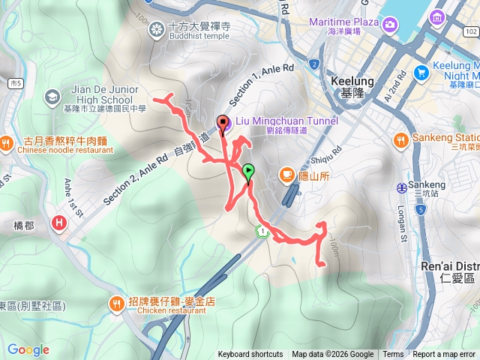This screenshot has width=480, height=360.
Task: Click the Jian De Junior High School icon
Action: [x=52, y=96]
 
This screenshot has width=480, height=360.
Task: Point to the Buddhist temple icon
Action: [x=157, y=29]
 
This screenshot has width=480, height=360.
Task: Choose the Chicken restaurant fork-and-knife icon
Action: [x=117, y=304]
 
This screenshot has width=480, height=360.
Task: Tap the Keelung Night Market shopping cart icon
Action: [x=421, y=73]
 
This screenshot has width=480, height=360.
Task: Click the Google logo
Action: [x=28, y=349]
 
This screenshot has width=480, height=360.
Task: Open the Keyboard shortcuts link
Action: [x=250, y=355]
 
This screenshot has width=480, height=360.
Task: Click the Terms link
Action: [x=393, y=355]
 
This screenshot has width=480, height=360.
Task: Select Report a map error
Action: [x=445, y=355]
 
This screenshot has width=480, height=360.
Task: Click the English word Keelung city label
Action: [x=346, y=78]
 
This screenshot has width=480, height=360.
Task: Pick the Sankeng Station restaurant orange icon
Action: [x=400, y=139]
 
